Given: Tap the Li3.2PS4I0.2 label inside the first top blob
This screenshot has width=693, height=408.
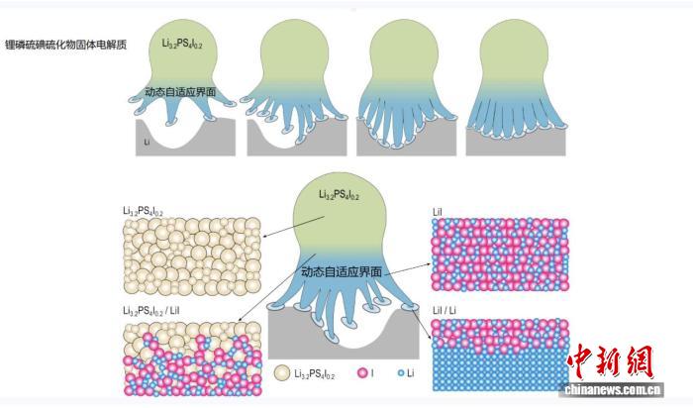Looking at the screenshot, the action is [x=181, y=44].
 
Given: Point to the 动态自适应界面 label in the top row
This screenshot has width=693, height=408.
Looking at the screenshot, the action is [x=179, y=92].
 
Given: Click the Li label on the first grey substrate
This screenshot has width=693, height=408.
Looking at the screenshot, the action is [x=147, y=142].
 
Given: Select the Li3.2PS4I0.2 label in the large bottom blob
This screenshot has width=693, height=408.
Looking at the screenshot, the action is [x=340, y=195].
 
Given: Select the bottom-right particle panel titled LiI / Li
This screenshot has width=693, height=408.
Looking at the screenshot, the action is [x=499, y=353].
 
